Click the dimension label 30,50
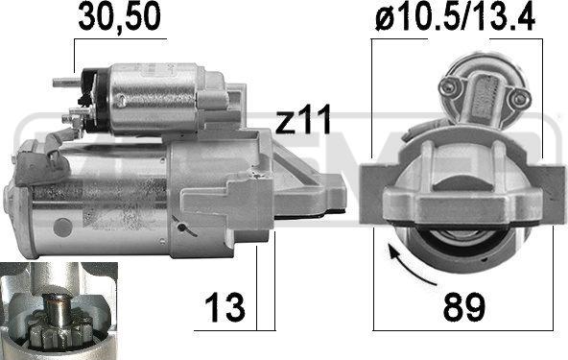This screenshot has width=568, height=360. click(119, 16)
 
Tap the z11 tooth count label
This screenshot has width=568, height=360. click(303, 118)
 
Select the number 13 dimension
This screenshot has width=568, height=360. click(225, 307)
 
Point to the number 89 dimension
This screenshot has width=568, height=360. click(463, 307)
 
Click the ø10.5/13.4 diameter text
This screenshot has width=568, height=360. click(456, 17)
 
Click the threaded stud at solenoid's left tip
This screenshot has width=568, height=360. click(66, 83)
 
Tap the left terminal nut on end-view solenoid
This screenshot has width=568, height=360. click(451, 86)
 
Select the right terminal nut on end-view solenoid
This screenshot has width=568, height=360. click(519, 97)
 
